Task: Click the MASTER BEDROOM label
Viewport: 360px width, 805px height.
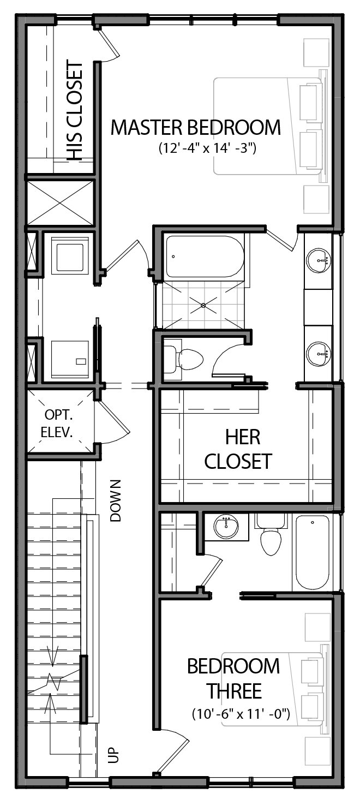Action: click(195, 128)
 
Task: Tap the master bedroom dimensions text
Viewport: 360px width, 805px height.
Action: click(207, 148)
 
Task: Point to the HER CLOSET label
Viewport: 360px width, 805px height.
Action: click(237, 449)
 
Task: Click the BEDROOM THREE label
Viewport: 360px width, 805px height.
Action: click(233, 678)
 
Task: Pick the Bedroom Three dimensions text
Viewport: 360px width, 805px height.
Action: click(240, 713)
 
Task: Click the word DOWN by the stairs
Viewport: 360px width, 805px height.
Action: click(115, 500)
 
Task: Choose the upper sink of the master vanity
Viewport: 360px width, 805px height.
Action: click(318, 259)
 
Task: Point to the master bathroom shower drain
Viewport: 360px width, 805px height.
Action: click(203, 306)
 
